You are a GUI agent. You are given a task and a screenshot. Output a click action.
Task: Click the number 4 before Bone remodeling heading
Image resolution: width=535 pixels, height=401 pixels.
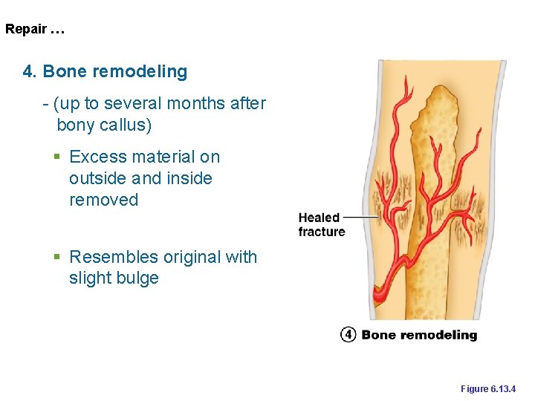tap(29, 72)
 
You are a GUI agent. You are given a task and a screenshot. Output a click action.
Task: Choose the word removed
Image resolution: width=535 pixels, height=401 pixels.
tap(103, 200)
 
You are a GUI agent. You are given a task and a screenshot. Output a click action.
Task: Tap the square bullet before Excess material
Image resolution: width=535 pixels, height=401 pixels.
tap(56, 157)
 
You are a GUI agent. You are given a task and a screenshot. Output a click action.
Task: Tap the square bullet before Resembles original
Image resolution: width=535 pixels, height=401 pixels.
tap(56, 258)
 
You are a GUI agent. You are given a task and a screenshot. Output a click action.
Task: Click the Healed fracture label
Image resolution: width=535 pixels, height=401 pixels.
tap(321, 224)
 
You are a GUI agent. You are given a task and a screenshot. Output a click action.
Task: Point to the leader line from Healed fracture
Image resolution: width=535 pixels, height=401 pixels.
tap(361, 217)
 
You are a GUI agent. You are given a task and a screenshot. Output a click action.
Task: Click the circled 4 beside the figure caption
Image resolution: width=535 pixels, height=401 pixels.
tap(348, 335)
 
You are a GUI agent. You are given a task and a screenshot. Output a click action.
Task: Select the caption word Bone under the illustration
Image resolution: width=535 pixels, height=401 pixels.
tap(378, 335)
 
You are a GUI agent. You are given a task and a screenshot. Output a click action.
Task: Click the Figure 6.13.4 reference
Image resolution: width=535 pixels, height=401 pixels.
tap(488, 389)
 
